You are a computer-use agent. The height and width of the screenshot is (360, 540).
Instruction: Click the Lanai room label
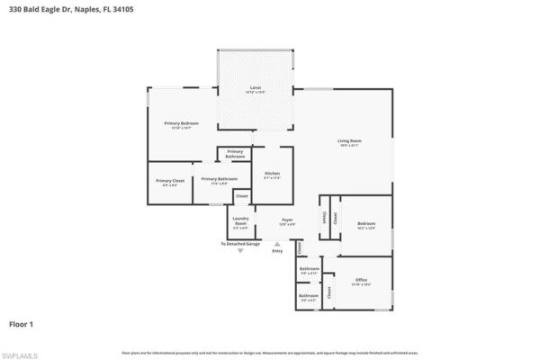tap(255, 87)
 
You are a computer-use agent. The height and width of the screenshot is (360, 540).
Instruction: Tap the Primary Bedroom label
tap(181, 123)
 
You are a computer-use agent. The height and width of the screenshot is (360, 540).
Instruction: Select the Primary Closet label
tap(170, 181)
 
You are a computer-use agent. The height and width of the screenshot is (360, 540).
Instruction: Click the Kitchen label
tap(272, 173)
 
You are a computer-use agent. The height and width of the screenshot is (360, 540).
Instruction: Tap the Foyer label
tap(287, 219)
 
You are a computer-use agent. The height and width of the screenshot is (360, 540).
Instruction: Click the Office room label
tap(361, 280)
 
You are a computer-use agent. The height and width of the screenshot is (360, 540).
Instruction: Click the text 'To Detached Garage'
tap(240, 243)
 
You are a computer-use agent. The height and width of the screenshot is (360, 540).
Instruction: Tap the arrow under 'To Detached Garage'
tap(240, 251)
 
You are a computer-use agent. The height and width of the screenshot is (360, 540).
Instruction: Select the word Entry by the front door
tap(277, 250)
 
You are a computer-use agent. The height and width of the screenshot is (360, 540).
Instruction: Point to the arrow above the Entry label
tap(277, 243)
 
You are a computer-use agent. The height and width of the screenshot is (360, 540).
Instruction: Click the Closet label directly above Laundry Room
tap(241, 195)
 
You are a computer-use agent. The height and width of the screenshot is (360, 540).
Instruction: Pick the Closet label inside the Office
tap(329, 292)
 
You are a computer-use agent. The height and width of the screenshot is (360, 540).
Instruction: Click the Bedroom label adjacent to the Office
tap(365, 223)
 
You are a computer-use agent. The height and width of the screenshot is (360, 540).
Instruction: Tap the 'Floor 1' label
tap(22, 321)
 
